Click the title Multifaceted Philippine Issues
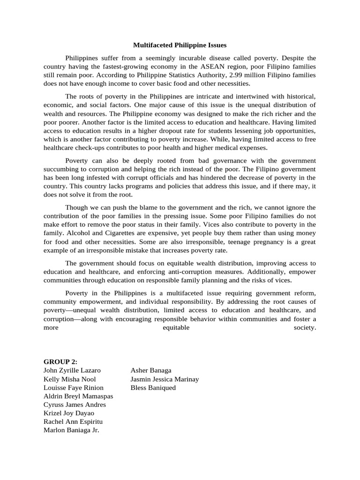tap(180, 45)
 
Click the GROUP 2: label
tap(60, 361)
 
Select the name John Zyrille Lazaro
tap(72, 370)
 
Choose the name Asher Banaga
tap(151, 370)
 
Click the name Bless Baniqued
tap(153, 388)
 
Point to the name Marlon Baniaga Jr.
tap(71, 430)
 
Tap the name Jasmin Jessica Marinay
tap(165, 379)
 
